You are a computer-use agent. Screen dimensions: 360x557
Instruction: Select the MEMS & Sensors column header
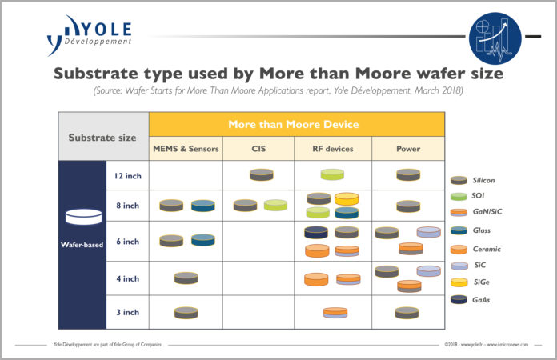click(x=186, y=148)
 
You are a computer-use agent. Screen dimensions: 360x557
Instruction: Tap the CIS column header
click(x=260, y=148)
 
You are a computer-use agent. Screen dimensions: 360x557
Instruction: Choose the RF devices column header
click(x=333, y=148)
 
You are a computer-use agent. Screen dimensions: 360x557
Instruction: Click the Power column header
click(x=407, y=148)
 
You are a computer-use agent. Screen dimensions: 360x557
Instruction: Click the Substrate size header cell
click(x=103, y=137)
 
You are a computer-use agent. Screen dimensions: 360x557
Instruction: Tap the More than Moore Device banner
click(x=297, y=124)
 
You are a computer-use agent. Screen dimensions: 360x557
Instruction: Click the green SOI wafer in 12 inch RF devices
click(x=332, y=174)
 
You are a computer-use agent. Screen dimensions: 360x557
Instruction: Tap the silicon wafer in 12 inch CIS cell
click(x=261, y=174)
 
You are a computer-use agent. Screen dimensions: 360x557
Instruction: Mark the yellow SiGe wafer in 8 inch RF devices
click(x=347, y=198)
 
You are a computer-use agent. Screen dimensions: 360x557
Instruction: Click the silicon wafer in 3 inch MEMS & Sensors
click(x=186, y=312)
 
